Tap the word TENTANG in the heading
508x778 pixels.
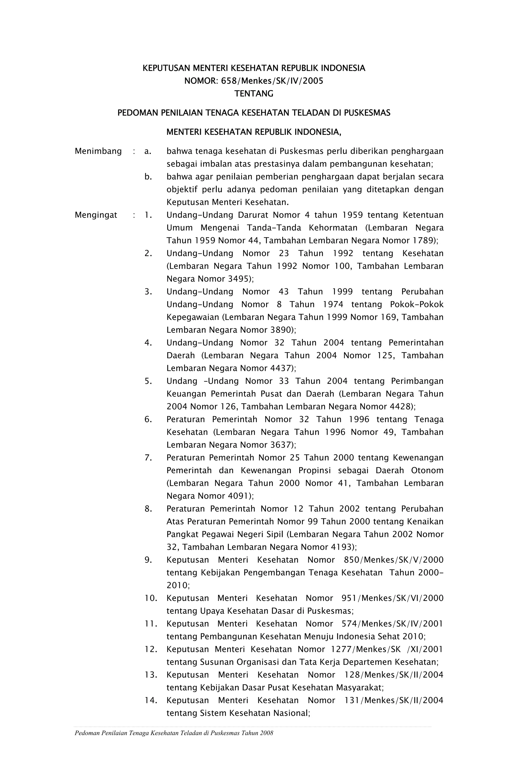pos(254,94)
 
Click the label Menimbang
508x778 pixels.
pos(98,151)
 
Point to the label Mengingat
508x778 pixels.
pos(96,215)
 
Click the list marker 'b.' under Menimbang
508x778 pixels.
pos(148,177)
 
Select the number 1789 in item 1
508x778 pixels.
pos(423,241)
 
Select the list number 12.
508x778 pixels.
pos(151,649)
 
